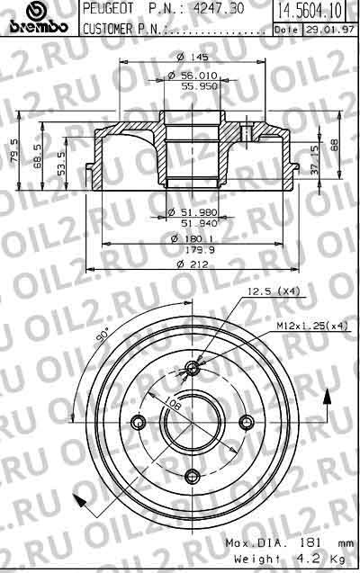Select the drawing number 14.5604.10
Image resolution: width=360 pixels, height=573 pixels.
(x=310, y=11)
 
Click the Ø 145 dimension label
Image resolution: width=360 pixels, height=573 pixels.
(x=189, y=58)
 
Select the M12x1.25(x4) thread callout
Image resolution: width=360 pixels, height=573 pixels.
(x=312, y=325)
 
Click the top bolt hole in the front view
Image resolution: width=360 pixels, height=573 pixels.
(x=193, y=367)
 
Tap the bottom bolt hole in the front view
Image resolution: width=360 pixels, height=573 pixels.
(x=192, y=479)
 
